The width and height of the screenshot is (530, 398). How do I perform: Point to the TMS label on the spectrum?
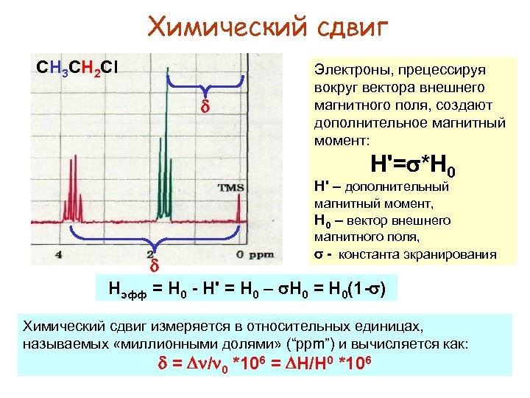click(x=230, y=188)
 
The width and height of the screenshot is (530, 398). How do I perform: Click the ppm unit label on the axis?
click(x=261, y=255)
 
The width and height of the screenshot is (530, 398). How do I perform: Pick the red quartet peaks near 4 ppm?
click(x=74, y=210)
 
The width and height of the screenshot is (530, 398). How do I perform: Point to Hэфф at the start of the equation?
click(x=125, y=288)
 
